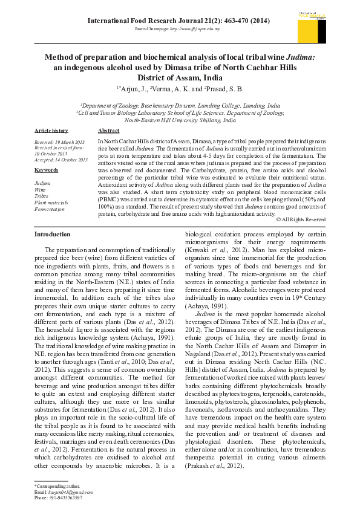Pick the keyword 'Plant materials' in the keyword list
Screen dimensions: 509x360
coord(51,203)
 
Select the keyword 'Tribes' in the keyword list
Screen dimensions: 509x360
coord(42,195)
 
